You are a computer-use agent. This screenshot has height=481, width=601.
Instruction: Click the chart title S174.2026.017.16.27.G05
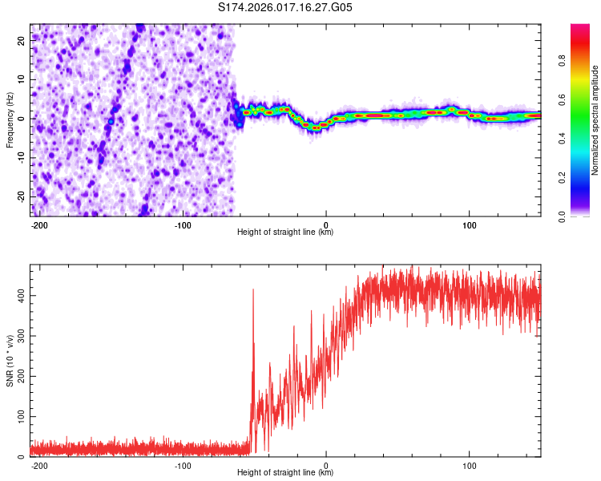point(285,7)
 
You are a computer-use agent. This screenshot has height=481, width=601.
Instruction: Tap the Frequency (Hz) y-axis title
point(10,120)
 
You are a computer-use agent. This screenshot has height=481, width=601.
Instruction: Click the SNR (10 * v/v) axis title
point(10,361)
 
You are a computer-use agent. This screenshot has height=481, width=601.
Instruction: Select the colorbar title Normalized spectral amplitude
point(595,120)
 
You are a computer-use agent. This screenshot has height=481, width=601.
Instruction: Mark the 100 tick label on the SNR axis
point(20,417)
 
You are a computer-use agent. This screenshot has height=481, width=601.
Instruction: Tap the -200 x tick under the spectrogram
point(39,224)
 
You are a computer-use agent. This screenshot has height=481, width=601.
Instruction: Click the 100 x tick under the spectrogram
point(469,224)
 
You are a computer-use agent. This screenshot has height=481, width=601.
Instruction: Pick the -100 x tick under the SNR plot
point(183,465)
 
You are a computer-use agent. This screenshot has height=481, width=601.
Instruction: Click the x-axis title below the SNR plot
point(285,473)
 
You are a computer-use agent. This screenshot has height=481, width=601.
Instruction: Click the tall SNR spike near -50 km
point(253,293)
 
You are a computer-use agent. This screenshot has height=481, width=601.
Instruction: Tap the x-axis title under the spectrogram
point(285,232)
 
